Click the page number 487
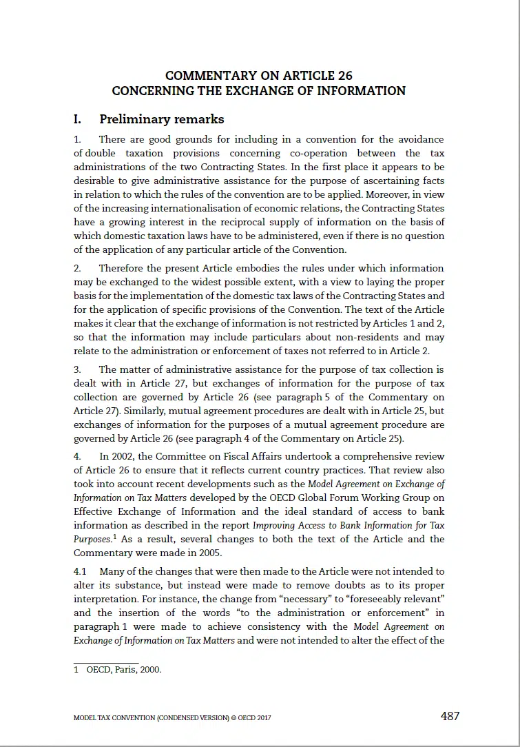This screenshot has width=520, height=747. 450,716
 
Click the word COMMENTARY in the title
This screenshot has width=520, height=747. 208,76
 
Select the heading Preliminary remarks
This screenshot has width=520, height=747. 162,119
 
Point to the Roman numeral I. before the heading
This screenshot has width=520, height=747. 78,119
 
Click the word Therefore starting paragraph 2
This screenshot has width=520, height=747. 125,268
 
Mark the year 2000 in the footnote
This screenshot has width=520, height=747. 150,668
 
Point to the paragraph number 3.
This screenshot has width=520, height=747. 77,369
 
